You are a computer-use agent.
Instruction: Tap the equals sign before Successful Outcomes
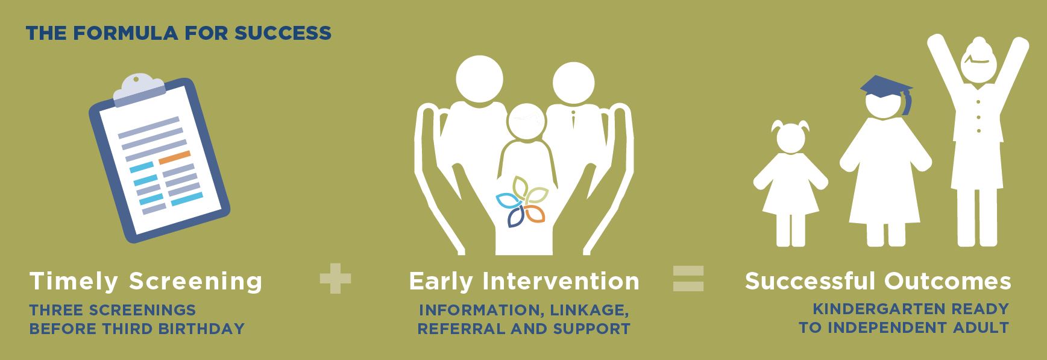(688, 279)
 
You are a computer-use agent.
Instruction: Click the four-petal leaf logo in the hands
(521, 203)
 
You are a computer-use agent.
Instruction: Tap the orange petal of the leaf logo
(534, 214)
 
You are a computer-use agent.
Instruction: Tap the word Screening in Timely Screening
(196, 282)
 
